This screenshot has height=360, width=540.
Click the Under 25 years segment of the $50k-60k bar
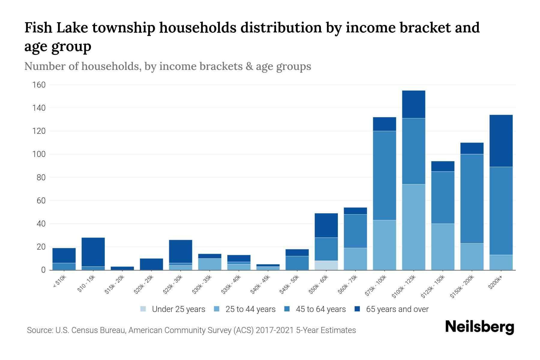pos(326,265)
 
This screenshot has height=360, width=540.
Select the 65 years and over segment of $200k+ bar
pos(501,141)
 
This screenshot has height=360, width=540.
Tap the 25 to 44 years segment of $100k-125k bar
pos(413,227)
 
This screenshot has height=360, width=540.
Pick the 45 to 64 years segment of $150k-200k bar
pos(472,199)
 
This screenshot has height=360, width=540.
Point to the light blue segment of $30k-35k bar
pos(210,264)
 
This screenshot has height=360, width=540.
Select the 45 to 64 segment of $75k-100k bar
pos(384,175)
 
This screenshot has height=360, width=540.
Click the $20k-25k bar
pos(151,264)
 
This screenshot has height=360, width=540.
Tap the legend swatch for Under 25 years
pos(143,309)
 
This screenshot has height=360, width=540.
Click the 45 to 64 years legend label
pos(321,309)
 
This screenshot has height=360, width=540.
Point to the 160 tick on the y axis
pos(39,85)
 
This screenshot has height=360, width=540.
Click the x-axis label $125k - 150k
pos(433,287)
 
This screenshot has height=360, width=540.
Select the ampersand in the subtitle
pos(249,66)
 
